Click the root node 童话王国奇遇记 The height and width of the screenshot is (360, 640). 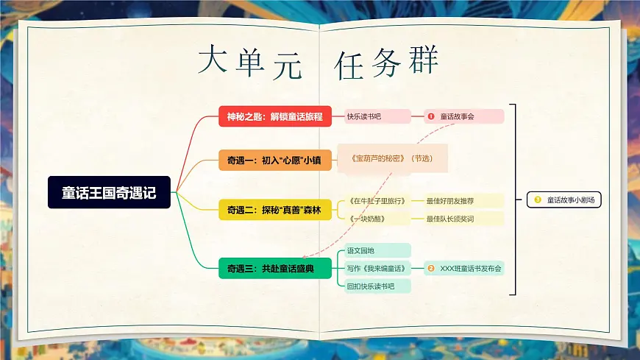click(x=109, y=192)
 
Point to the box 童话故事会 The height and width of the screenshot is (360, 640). click(x=464, y=116)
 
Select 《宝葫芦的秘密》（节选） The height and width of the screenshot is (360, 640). click(x=391, y=158)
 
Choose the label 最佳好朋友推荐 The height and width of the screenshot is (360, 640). click(x=461, y=200)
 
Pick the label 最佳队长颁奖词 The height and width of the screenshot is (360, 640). click(x=461, y=219)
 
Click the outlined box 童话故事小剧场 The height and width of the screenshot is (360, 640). click(x=564, y=200)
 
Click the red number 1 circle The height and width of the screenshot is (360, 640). click(x=431, y=116)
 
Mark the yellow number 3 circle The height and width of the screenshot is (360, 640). click(x=538, y=200)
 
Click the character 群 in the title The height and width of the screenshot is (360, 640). click(x=423, y=63)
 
